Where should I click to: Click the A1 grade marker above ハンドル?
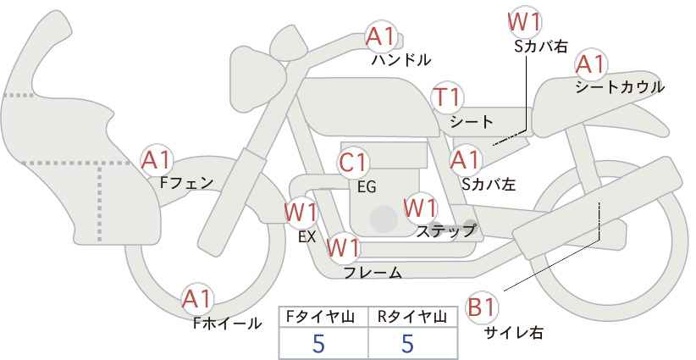tap(380, 36)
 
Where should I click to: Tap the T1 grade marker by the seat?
tap(448, 97)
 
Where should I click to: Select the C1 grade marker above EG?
tap(353, 163)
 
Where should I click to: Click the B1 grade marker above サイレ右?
tap(482, 307)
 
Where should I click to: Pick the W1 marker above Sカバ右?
tap(525, 22)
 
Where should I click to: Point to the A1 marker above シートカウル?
tap(591, 64)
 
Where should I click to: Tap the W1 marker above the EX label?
tap(301, 213)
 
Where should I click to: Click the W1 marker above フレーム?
tap(343, 247)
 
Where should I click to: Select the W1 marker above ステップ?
tap(421, 208)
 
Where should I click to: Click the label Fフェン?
tap(186, 183)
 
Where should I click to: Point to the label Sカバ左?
tap(489, 184)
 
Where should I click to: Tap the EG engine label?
tap(367, 187)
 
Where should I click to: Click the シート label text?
tap(472, 121)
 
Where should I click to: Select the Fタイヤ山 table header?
tap(320, 317)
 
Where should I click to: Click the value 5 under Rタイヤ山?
tap(408, 344)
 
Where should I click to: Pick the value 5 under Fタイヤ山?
tap(318, 344)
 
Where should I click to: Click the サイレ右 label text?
tap(514, 332)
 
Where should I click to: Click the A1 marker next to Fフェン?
tap(156, 160)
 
